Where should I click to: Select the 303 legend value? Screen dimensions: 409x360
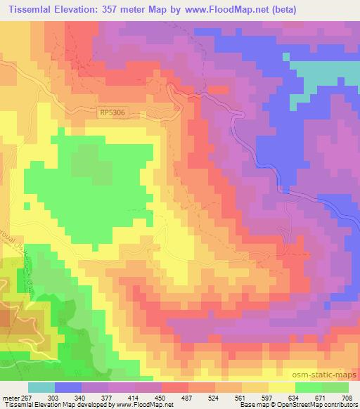coord(53,397)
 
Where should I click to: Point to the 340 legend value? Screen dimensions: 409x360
coord(80,397)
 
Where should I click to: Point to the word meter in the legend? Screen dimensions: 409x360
coord(11,397)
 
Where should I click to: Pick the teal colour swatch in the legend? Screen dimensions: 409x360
coord(41,387)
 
